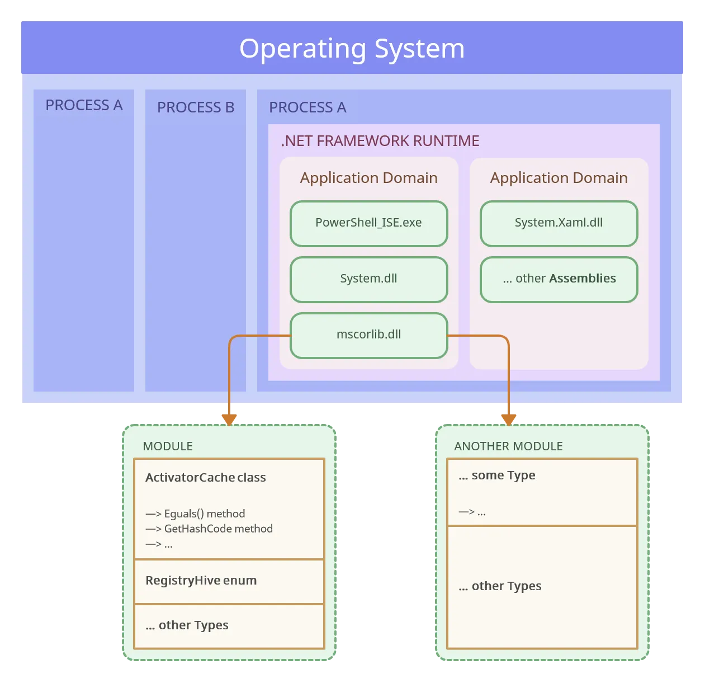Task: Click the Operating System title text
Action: [352, 49]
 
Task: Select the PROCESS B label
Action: [195, 107]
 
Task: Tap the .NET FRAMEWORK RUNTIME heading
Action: [380, 141]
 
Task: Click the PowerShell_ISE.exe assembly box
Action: [368, 223]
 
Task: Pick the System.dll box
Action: [368, 279]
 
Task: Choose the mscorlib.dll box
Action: [368, 335]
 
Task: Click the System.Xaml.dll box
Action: [559, 223]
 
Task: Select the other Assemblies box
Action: [559, 279]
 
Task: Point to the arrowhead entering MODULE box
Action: [229, 419]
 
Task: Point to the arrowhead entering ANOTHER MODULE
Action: [509, 419]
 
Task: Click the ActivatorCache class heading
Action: [205, 478]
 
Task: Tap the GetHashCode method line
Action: [209, 529]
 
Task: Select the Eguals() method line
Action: [195, 514]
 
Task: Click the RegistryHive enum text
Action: [201, 581]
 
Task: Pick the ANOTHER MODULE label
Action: [508, 446]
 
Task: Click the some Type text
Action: [497, 475]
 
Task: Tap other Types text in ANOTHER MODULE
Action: [500, 586]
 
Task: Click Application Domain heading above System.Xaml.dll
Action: [559, 178]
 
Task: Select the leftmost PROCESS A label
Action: [84, 105]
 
